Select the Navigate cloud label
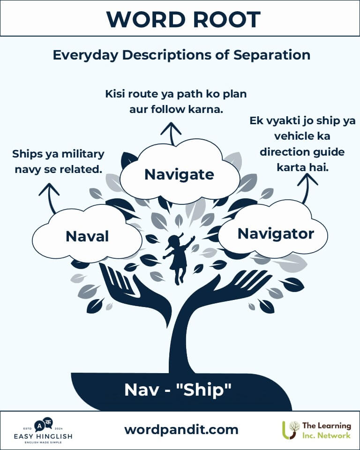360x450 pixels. (x=179, y=174)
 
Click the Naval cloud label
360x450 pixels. (x=87, y=236)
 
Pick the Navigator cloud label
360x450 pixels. (x=276, y=233)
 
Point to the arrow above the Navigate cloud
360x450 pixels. (x=171, y=134)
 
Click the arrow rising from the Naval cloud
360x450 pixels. (x=50, y=198)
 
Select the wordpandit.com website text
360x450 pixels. (x=181, y=430)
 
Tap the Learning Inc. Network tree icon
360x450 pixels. (x=291, y=430)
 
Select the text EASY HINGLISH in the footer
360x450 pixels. (x=43, y=436)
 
